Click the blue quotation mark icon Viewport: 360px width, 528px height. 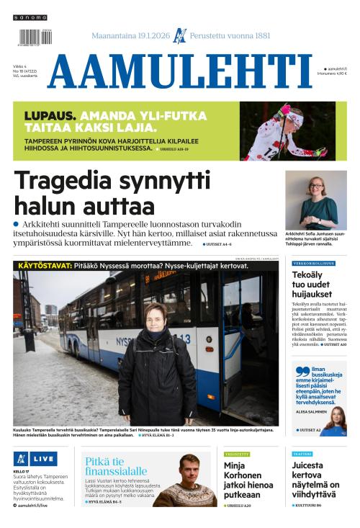coord(301,372)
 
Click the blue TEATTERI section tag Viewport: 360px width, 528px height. coord(302,455)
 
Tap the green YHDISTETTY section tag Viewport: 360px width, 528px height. coord(237,455)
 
